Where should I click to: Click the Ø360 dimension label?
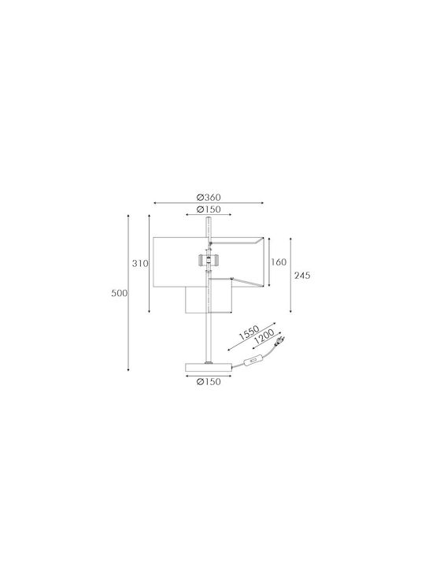tap(209, 198)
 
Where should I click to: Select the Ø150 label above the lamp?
tap(209, 209)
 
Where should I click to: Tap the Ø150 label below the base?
tap(209, 381)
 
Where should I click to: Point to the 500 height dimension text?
tap(120, 293)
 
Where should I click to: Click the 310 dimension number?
tap(140, 264)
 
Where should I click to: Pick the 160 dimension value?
tap(279, 262)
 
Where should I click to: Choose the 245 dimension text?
tap(302, 276)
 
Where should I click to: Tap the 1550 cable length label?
tap(249, 332)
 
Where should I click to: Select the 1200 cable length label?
tap(264, 337)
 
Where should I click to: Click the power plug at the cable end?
tap(279, 340)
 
